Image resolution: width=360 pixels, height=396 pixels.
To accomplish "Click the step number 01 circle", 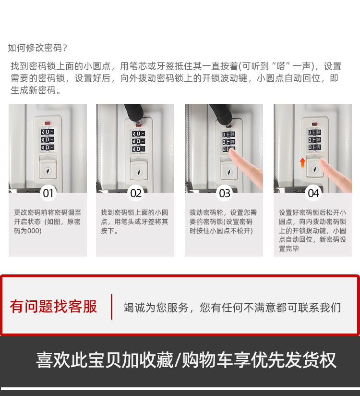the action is (48, 193).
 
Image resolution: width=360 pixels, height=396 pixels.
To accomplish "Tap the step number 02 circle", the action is (136, 193).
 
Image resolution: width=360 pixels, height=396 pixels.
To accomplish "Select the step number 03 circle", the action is (225, 193).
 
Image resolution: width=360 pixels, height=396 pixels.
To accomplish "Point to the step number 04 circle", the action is (313, 193).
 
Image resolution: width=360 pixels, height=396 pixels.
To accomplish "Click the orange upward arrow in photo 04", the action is (302, 162).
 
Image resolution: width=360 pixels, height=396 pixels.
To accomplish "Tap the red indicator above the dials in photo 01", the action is (48, 123).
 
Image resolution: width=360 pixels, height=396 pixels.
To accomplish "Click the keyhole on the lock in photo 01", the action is (48, 171).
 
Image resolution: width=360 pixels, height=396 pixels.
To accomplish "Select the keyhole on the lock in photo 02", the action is (139, 173).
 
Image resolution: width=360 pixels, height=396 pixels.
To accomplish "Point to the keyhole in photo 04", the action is (314, 169).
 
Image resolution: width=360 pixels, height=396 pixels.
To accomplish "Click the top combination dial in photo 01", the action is (48, 132).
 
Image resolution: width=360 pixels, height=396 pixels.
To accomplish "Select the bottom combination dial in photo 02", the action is (139, 149).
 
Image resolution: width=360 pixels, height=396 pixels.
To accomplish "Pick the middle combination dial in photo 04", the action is (314, 140).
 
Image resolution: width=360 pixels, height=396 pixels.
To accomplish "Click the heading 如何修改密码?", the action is (37, 48).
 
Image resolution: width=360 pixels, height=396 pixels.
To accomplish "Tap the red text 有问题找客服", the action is (53, 307).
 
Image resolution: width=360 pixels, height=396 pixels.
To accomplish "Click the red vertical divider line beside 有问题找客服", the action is (111, 307).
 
